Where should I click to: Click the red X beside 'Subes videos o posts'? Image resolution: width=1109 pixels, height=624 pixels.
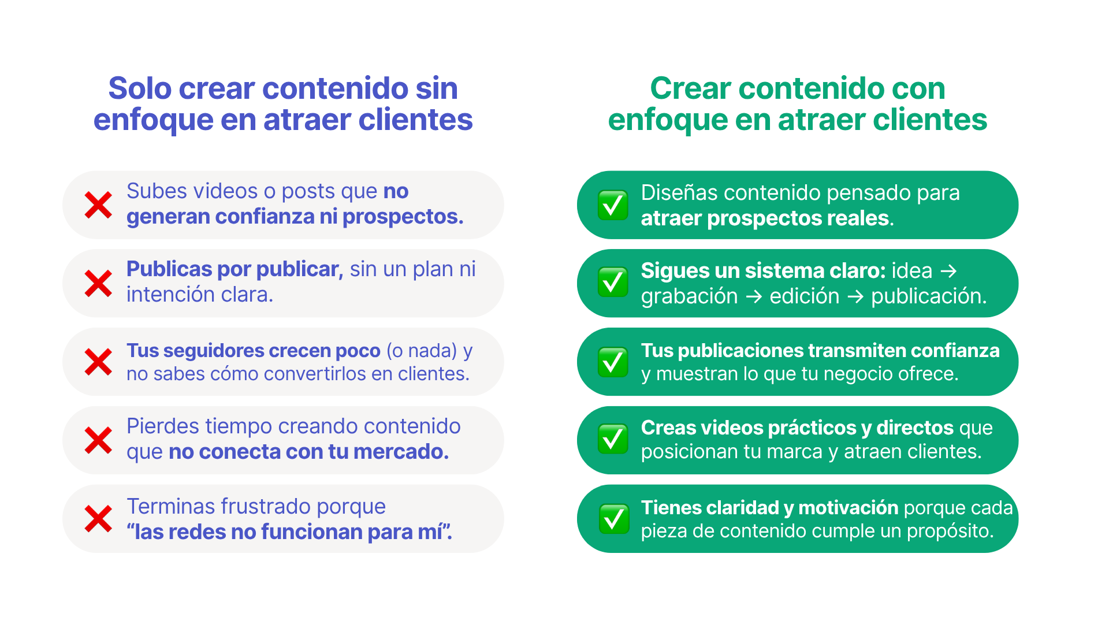[98, 205]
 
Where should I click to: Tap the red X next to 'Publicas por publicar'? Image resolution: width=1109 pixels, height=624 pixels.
[98, 284]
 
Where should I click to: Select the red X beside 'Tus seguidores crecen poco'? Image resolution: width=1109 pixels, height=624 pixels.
[98, 362]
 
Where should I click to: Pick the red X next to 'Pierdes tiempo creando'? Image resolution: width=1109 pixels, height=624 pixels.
[98, 441]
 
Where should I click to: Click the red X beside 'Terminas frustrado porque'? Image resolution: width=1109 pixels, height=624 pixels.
[98, 519]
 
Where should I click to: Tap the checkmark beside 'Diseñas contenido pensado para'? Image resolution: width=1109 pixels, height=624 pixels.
[613, 205]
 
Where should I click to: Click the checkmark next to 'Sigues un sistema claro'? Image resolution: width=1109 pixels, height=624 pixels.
[613, 283]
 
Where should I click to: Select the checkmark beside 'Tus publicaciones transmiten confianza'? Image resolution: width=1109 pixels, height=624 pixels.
[613, 362]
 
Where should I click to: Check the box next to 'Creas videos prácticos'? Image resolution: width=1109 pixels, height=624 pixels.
[613, 439]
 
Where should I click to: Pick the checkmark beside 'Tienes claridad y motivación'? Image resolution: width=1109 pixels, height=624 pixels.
[613, 519]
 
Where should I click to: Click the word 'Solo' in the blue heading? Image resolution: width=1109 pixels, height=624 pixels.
[140, 88]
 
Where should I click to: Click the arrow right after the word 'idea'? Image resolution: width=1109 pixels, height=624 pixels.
[948, 271]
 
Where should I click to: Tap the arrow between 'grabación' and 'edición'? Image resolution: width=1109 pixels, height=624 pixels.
[754, 296]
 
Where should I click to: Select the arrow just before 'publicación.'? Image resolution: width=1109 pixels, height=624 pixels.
[855, 296]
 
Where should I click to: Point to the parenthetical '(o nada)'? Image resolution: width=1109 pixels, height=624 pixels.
[422, 351]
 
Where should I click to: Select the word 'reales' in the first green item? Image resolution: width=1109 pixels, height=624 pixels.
[861, 218]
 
